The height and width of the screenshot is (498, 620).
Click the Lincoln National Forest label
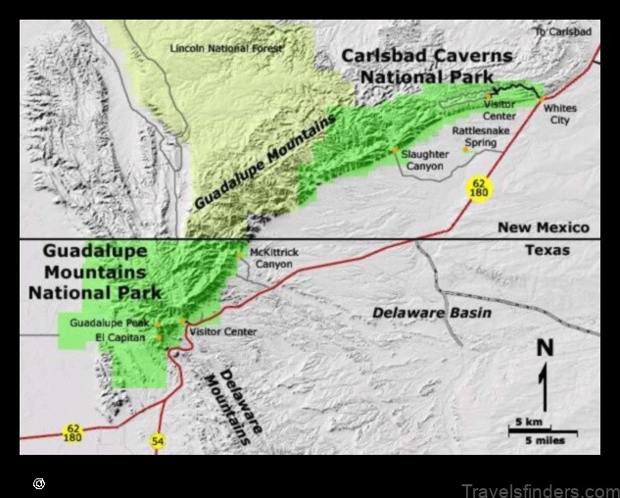pyautogui.click(x=225, y=48)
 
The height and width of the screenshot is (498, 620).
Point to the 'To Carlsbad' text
pyautogui.click(x=562, y=32)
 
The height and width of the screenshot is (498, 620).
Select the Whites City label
pyautogui.click(x=560, y=114)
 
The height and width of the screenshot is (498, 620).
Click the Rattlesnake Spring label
pyautogui.click(x=480, y=136)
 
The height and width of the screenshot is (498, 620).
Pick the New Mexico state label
pyautogui.click(x=544, y=227)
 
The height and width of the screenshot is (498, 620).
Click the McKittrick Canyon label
pyautogui.click(x=273, y=258)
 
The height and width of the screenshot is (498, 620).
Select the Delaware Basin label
pyautogui.click(x=431, y=313)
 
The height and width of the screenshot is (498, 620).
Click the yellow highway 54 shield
pyautogui.click(x=158, y=442)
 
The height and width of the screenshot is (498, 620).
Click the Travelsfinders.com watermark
pyautogui.click(x=540, y=490)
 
